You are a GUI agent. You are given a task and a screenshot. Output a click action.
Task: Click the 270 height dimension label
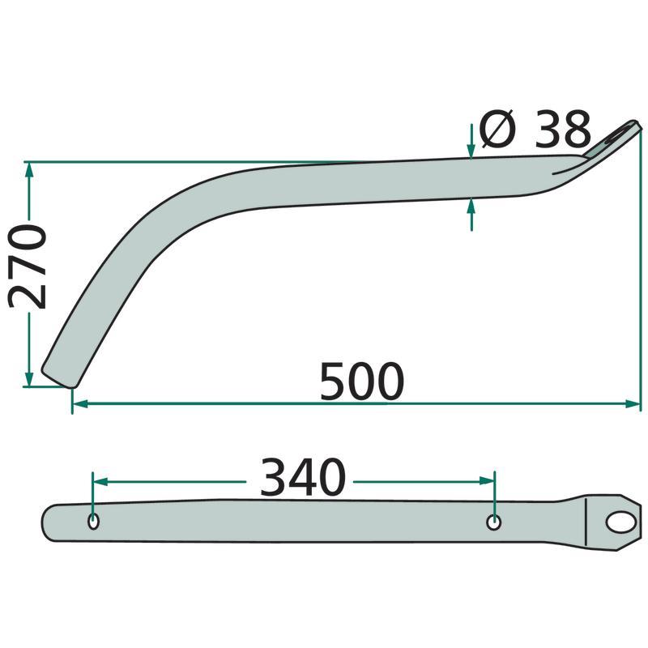[27, 266]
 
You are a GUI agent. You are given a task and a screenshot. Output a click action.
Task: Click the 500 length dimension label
[361, 382]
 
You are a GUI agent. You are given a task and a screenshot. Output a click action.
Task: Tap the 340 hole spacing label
[302, 477]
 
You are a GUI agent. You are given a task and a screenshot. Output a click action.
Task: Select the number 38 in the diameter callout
[562, 130]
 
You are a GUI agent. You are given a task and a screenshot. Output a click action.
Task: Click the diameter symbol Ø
[497, 129]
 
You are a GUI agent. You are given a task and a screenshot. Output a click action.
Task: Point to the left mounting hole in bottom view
[94, 522]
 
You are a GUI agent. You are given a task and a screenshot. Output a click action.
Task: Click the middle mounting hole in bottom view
[494, 522]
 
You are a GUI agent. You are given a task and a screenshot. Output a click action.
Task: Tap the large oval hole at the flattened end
[620, 522]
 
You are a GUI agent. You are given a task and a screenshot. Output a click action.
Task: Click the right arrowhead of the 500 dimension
[633, 403]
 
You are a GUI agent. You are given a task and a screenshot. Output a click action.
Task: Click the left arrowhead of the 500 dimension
[80, 403]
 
